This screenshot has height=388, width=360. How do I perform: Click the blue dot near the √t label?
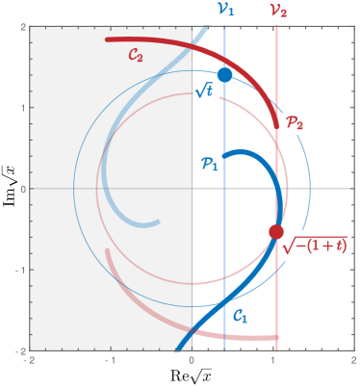[224, 75]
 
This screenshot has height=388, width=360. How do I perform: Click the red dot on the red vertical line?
[276, 232]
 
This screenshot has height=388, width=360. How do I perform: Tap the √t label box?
[205, 95]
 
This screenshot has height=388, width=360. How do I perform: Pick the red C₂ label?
[136, 57]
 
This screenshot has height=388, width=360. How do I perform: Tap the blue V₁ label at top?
[224, 10]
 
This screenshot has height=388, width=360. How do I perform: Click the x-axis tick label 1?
[274, 360]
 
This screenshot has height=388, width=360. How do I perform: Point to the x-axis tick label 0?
[193, 360]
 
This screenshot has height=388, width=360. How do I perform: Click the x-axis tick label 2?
[355, 360]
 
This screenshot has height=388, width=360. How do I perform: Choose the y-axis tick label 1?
[21, 107]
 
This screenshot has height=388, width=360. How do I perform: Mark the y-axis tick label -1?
[18, 270]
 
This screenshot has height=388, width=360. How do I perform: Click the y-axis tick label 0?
[21, 189]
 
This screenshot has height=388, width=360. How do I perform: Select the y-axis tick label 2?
[21, 26]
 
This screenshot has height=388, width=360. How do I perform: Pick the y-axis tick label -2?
[18, 350]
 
